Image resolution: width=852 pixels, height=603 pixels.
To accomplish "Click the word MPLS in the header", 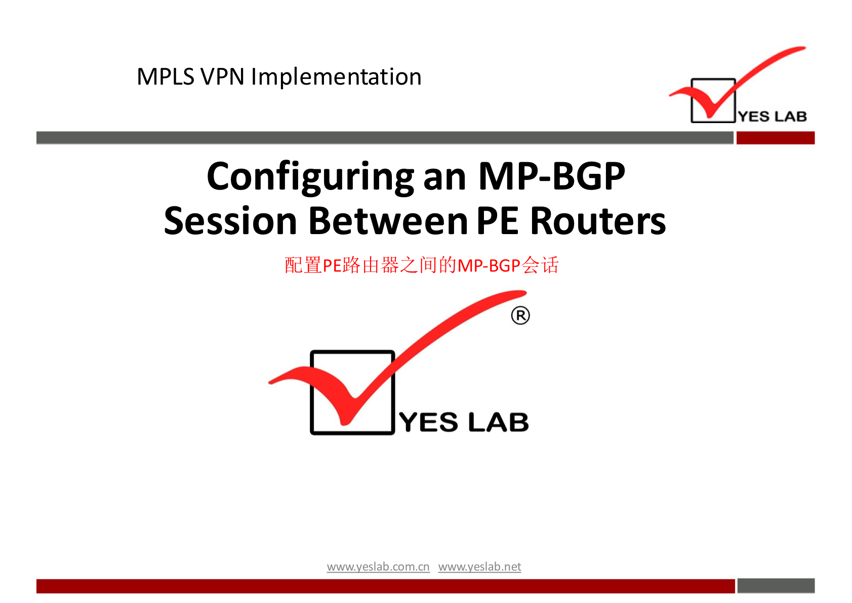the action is [166, 77].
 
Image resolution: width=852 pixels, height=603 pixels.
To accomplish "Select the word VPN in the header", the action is [223, 77].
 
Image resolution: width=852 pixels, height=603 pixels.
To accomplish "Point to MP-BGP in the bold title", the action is [551, 176].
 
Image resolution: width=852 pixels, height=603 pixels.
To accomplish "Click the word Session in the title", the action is [230, 221].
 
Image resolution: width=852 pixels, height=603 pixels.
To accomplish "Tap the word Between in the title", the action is [388, 221].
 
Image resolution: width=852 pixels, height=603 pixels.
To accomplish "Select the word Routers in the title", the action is [598, 221].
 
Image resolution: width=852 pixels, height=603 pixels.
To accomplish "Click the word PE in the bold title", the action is [497, 221].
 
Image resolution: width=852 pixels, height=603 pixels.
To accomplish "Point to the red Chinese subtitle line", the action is [421, 266].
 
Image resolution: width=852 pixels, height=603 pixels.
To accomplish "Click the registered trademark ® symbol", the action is [520, 316].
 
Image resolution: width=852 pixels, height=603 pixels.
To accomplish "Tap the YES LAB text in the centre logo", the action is [464, 423].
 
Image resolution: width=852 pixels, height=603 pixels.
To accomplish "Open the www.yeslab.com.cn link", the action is [378, 567].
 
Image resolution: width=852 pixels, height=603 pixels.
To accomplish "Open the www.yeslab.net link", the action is [479, 567].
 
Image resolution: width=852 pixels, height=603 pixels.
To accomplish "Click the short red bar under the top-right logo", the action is [776, 138].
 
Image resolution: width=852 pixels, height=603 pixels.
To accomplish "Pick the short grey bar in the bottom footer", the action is [776, 585].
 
